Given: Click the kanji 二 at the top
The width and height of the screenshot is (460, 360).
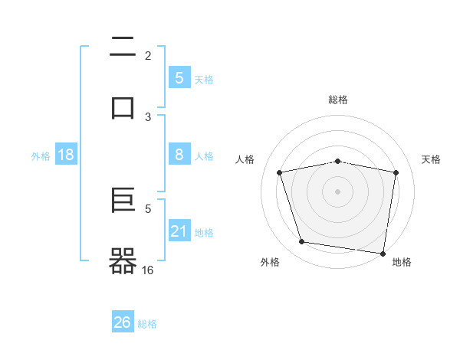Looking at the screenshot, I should click(123, 48).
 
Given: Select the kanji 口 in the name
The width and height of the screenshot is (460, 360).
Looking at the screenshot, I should click(123, 107).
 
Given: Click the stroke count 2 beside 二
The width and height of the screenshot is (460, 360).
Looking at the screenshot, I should click(148, 56).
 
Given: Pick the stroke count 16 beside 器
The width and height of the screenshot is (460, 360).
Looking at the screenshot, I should click(148, 270).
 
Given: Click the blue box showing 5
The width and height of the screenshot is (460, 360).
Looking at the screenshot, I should click(179, 77).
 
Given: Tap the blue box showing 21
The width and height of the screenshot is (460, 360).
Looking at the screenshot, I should click(179, 231).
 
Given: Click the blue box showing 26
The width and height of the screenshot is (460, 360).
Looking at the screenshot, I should click(123, 322).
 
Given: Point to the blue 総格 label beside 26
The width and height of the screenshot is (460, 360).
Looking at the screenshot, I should click(147, 324).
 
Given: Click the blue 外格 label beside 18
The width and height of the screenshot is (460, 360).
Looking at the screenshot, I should click(41, 156).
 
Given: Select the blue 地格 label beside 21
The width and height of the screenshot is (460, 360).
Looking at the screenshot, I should click(204, 232).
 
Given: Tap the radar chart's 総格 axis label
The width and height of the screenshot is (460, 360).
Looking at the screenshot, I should click(338, 100).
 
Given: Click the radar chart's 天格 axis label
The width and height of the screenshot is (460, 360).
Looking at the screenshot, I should click(432, 159).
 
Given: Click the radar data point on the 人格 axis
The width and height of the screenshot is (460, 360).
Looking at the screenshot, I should click(280, 172).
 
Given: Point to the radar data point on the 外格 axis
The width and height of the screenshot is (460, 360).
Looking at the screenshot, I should click(302, 242).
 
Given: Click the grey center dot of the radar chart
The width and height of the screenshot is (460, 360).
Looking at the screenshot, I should click(338, 191).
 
